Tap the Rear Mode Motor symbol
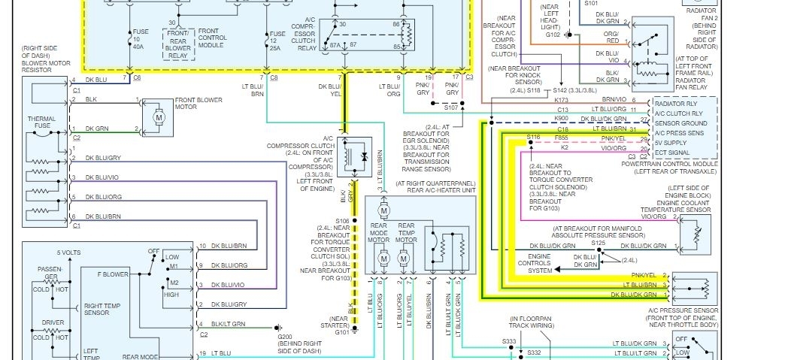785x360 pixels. tap(383, 259)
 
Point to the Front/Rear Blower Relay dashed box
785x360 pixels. tap(179, 44)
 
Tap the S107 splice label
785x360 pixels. tap(450, 107)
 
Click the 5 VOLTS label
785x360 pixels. tap(70, 253)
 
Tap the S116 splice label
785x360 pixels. tap(533, 137)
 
